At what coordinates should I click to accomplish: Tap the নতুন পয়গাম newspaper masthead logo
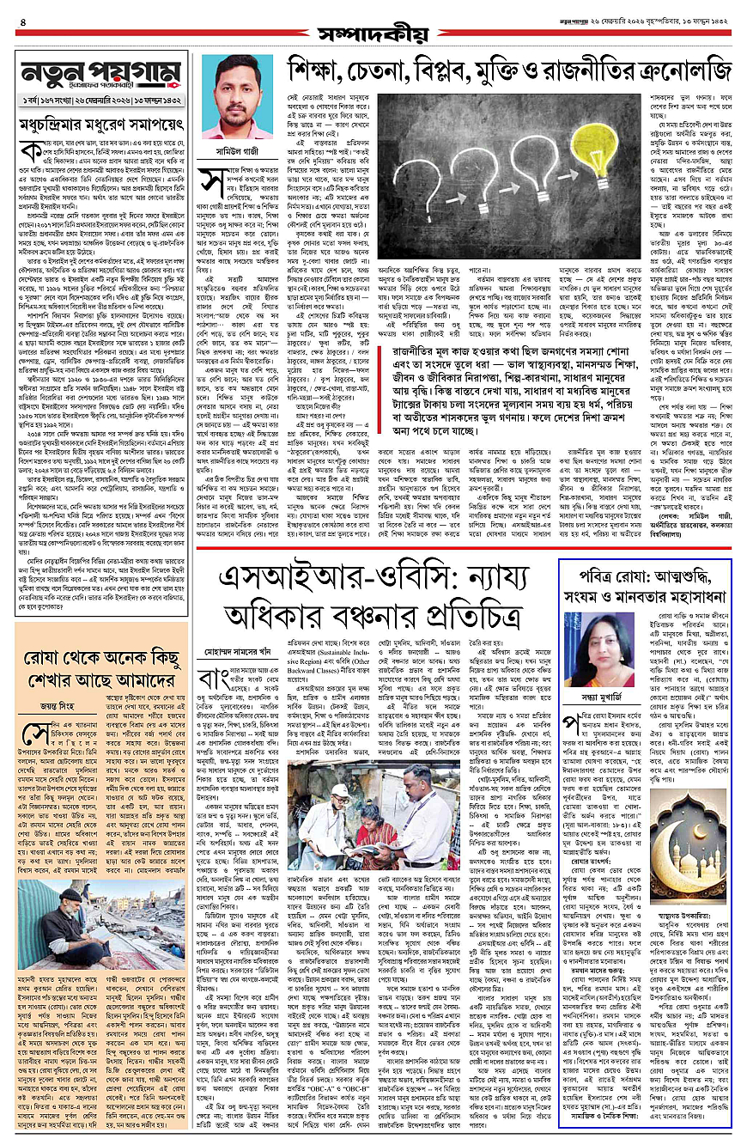tap(95, 79)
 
